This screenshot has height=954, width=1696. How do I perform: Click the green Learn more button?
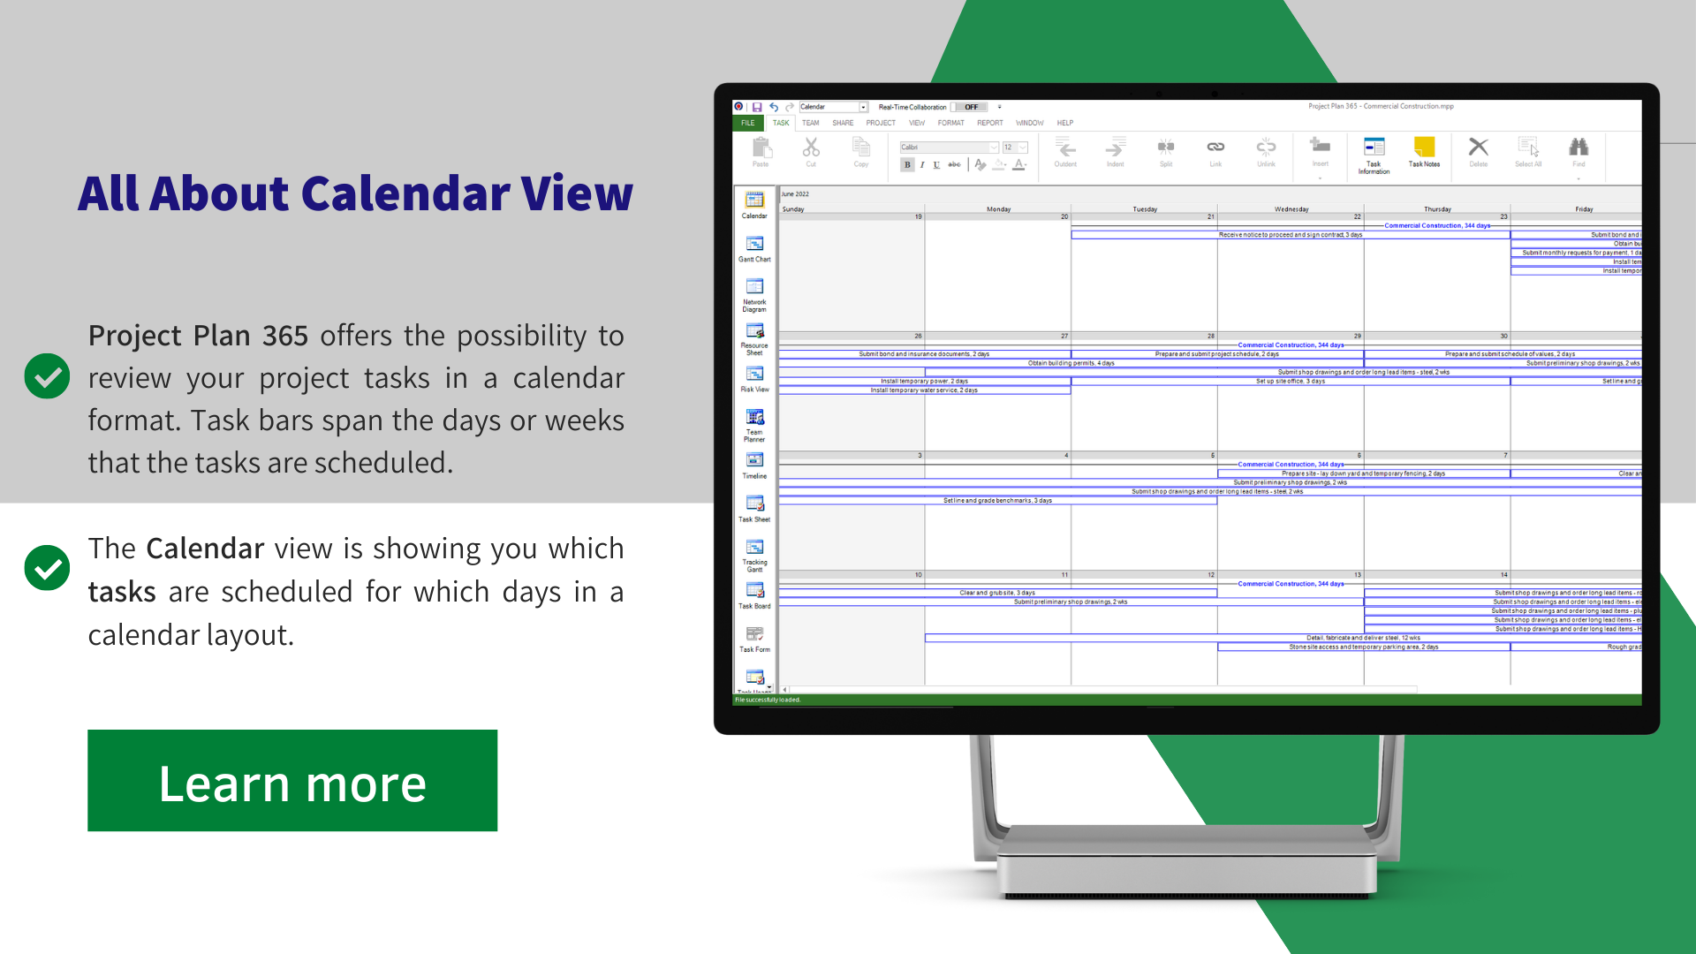point(291,781)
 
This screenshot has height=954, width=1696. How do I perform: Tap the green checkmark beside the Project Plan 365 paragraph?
point(47,376)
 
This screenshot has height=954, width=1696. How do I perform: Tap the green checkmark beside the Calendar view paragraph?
point(47,567)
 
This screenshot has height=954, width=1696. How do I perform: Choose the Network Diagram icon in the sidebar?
point(754,287)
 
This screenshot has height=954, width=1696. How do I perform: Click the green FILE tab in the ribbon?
point(748,123)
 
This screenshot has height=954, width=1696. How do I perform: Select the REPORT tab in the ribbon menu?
point(989,123)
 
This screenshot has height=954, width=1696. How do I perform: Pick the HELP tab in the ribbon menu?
point(1065,123)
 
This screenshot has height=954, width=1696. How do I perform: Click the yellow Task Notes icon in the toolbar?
point(1424,148)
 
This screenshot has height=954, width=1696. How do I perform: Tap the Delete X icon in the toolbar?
point(1478,148)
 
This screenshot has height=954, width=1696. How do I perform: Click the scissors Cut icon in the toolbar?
point(811,148)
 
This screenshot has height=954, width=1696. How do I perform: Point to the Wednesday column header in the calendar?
point(1291,209)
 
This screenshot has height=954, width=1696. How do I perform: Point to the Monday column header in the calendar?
point(998,209)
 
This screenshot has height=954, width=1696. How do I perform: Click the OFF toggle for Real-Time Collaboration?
point(971,107)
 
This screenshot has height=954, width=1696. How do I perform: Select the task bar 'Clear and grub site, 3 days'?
point(997,593)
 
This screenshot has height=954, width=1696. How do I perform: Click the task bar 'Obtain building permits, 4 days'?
point(1071,363)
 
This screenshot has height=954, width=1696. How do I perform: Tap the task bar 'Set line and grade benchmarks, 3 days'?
point(997,501)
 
